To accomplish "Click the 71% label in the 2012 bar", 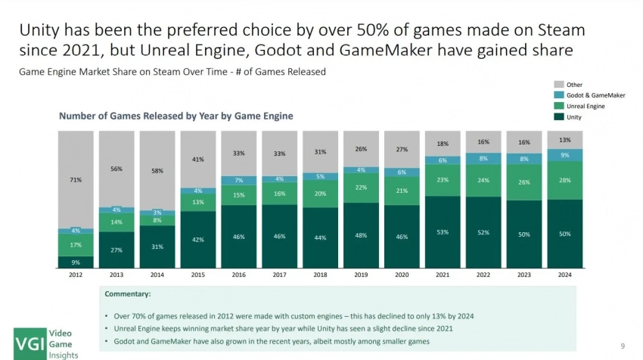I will [x=76, y=180].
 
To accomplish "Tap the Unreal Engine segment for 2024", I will [x=565, y=181].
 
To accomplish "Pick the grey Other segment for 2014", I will [x=157, y=170].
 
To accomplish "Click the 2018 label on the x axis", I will [x=321, y=275].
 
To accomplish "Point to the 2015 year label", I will [x=198, y=275].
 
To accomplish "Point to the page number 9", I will [x=622, y=346].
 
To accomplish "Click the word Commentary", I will [x=127, y=293].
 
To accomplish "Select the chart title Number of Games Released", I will [x=176, y=116].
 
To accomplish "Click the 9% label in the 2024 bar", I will [x=565, y=155].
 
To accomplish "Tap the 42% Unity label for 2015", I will [x=198, y=240].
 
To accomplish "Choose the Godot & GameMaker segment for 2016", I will [x=239, y=181].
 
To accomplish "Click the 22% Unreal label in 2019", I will [x=362, y=188].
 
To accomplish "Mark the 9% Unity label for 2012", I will [x=76, y=262].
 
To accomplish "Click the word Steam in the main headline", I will [x=556, y=30].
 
